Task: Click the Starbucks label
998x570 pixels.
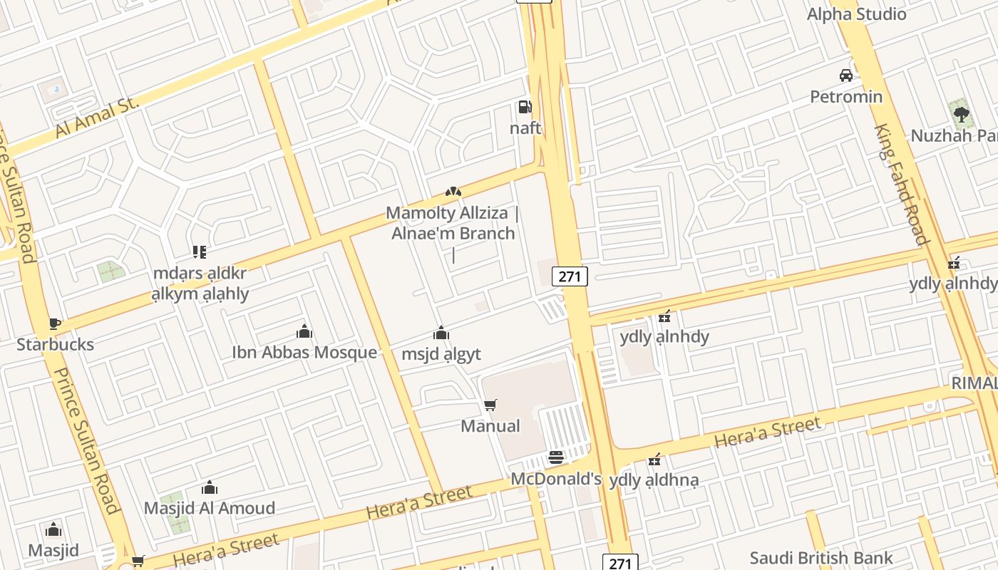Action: (55, 344)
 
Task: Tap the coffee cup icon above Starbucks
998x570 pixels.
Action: (55, 324)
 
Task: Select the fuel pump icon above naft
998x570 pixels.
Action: (525, 108)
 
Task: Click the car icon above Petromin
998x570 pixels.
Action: (846, 76)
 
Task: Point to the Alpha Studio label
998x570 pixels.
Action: (856, 14)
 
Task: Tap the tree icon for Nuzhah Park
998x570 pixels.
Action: (961, 113)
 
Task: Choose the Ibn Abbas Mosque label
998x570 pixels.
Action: (304, 352)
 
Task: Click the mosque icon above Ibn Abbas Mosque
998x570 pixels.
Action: (304, 331)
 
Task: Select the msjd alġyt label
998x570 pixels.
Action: (441, 354)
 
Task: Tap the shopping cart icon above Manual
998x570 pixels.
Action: (490, 405)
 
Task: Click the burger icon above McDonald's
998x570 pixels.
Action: (556, 457)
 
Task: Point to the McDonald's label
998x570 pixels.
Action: (556, 479)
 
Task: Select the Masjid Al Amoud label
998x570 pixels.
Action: (210, 508)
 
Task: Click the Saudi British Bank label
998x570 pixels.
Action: (821, 557)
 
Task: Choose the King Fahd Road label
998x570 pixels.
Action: (902, 184)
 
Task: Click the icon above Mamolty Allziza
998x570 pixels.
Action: (453, 192)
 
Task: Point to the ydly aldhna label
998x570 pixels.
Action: (654, 480)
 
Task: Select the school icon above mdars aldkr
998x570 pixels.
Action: (199, 252)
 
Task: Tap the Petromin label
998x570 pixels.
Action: (846, 96)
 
